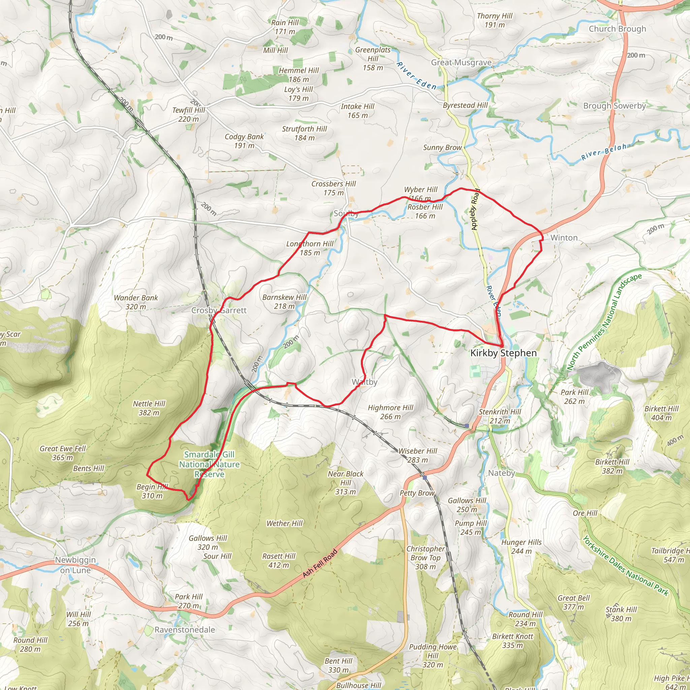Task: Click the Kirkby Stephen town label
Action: [503, 353]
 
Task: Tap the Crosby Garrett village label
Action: [219, 310]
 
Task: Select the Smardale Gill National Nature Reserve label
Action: [209, 464]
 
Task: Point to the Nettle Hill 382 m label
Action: [149, 408]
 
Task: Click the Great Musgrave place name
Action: [461, 63]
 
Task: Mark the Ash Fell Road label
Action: [320, 563]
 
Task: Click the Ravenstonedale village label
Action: [185, 630]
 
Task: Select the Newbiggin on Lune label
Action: [75, 565]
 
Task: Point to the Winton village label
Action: [564, 238]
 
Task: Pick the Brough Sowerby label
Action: [614, 106]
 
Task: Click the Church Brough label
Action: [617, 29]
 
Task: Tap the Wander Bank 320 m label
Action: [136, 302]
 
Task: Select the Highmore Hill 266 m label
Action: [390, 412]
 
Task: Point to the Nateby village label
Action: [501, 473]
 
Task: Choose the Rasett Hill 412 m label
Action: [279, 561]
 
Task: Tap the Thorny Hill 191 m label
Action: [494, 20]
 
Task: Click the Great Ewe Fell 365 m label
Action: [63, 453]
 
